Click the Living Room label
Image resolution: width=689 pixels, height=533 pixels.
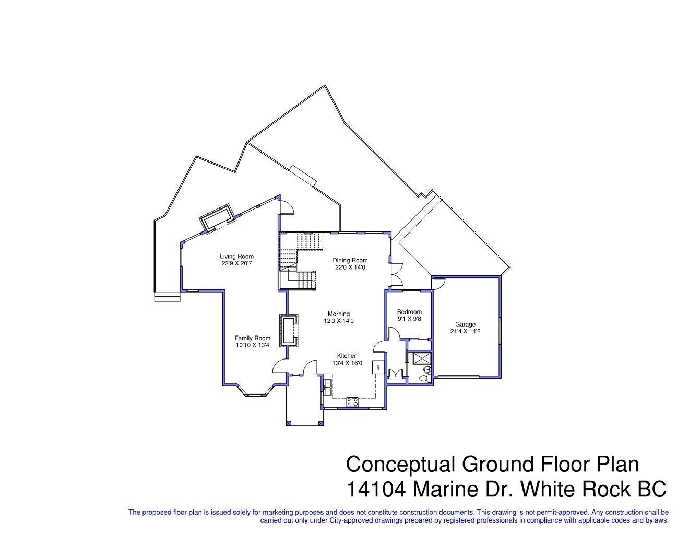(236, 256)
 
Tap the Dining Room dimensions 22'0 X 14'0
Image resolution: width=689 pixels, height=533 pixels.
(350, 268)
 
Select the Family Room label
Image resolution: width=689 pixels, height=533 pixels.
(252, 338)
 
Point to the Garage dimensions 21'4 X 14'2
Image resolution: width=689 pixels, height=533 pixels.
(465, 331)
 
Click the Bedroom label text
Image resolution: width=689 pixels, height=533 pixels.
(409, 312)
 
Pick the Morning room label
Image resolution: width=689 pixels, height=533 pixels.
(339, 314)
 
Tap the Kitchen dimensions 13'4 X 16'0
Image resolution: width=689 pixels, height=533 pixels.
(347, 363)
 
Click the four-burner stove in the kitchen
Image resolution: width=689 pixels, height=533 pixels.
(352, 402)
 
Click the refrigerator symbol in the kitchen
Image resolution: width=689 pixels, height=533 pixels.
(378, 367)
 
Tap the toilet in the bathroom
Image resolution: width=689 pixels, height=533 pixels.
(427, 377)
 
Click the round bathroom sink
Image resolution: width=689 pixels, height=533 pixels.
(429, 368)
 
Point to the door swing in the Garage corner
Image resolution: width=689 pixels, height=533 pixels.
(438, 282)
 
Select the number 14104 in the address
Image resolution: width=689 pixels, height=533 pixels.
(376, 489)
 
